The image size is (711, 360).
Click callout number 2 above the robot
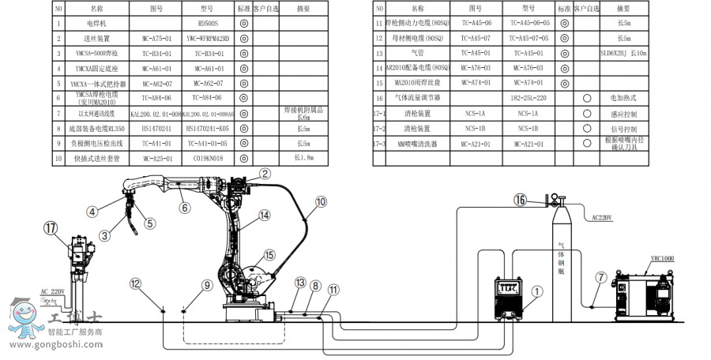coord(265,174)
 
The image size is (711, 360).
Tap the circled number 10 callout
coord(320,201)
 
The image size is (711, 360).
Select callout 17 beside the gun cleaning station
coord(51,228)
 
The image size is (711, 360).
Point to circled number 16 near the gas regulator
coord(521,200)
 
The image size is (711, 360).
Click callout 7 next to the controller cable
coord(601,277)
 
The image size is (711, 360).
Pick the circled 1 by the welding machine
coord(537,291)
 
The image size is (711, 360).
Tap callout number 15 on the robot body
coord(269,255)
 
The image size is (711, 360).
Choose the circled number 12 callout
coord(136,283)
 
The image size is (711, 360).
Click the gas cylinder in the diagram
coord(562,261)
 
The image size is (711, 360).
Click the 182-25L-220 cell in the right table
coord(528,99)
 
